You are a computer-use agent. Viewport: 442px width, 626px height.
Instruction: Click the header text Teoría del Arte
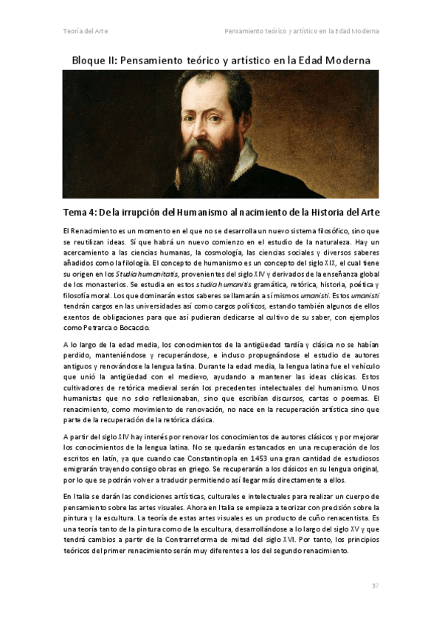point(85,31)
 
